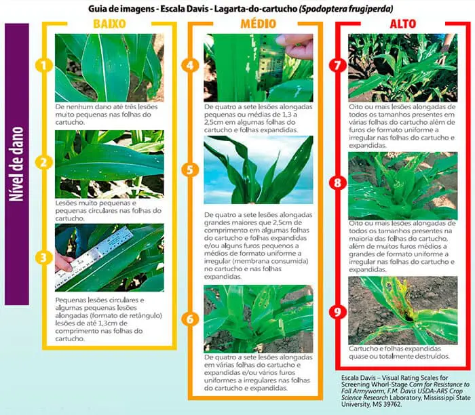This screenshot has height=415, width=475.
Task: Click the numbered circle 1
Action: click(43, 66)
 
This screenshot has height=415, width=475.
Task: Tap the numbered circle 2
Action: click(43, 162)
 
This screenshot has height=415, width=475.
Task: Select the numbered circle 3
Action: click(43, 258)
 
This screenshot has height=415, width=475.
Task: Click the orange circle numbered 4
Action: click(190, 66)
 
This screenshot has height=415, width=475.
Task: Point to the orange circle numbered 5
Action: click(190, 170)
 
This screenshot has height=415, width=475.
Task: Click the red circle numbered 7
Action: click(338, 66)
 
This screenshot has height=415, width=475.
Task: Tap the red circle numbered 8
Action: click(338, 183)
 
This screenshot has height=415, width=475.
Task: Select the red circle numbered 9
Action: click(338, 313)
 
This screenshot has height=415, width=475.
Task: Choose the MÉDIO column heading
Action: click(259, 24)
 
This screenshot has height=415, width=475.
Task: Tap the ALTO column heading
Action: click(403, 24)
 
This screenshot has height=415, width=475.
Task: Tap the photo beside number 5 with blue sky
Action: click(259, 170)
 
